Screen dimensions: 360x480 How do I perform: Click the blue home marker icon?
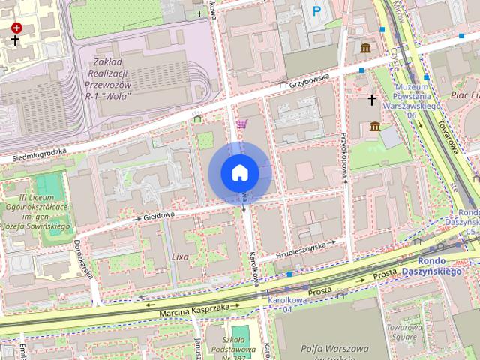240,173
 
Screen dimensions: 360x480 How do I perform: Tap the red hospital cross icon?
16,28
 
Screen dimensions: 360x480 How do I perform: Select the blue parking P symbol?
316,10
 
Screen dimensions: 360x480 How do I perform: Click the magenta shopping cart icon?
241,124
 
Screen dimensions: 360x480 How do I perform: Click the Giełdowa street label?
158,214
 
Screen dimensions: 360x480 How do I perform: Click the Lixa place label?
181,256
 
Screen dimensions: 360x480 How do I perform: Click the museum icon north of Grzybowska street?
365,49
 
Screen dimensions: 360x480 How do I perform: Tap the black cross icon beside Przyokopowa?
371,99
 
